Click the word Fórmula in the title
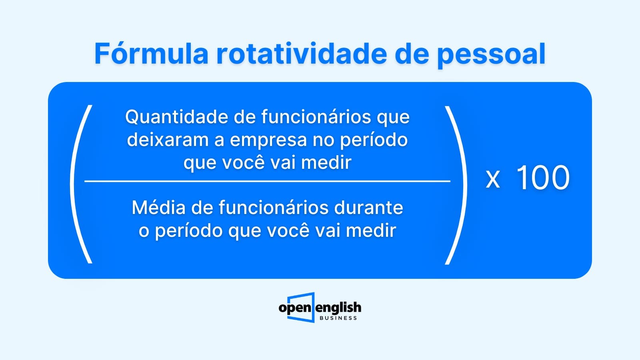(151, 54)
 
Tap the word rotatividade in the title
(302, 54)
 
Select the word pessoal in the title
(492, 55)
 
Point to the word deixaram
(168, 140)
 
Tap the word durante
(368, 208)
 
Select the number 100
(543, 178)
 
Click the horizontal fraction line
(268, 181)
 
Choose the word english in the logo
(338, 308)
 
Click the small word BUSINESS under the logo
(338, 318)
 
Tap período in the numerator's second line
(374, 140)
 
